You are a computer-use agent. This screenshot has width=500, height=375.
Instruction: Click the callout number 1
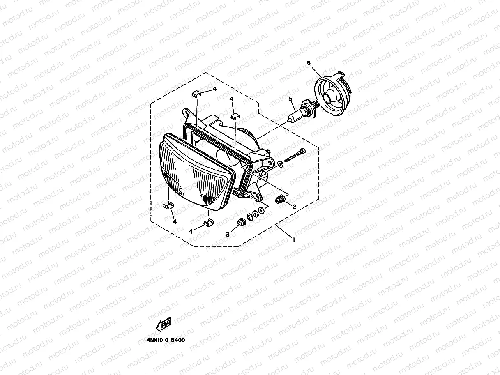[293, 239]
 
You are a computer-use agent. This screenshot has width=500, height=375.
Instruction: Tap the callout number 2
[294, 207]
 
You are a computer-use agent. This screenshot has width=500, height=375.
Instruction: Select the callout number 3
[227, 235]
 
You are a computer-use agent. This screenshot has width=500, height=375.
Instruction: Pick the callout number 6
[309, 63]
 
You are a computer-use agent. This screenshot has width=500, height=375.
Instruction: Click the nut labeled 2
[280, 200]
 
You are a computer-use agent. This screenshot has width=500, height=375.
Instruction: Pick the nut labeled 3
[242, 222]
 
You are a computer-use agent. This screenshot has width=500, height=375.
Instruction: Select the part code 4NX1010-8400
[166, 340]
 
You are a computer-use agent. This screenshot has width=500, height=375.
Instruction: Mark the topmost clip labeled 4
[197, 92]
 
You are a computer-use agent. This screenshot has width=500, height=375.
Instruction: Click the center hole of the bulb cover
[329, 98]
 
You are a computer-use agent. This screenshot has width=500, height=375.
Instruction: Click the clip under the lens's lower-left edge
[168, 206]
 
